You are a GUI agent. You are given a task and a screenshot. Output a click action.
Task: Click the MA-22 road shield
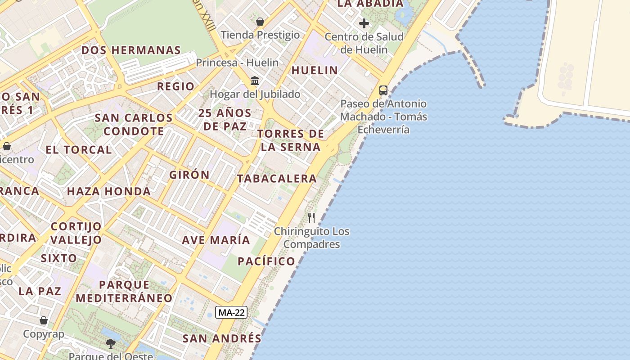pyautogui.click(x=231, y=312)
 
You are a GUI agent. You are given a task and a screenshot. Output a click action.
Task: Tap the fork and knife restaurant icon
pyautogui.click(x=311, y=218)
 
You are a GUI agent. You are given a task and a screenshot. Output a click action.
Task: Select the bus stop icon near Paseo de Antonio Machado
pyautogui.click(x=383, y=90)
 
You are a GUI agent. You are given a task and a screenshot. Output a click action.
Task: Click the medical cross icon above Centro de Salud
pyautogui.click(x=364, y=23)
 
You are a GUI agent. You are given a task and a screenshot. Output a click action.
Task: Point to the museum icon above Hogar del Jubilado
pyautogui.click(x=255, y=81)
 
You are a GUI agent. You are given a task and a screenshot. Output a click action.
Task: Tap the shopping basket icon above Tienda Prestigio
pyautogui.click(x=260, y=21)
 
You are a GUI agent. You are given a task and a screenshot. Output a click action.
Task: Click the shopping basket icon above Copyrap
pyautogui.click(x=44, y=320)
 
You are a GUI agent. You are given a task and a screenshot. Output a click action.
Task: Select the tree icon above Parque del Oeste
pyautogui.click(x=110, y=344)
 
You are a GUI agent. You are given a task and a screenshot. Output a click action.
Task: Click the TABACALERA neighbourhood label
pyautogui.click(x=277, y=178)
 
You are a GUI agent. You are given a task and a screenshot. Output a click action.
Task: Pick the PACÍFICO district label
pyautogui.click(x=266, y=261)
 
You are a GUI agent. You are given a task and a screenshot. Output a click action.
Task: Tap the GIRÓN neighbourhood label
pyautogui.click(x=189, y=175)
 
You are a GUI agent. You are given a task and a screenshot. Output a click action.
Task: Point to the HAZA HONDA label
pyautogui.click(x=109, y=191)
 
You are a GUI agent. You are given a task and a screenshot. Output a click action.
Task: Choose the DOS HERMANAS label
pyautogui.click(x=131, y=50)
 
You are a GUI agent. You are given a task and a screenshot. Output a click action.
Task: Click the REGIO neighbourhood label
pyautogui.click(x=176, y=86)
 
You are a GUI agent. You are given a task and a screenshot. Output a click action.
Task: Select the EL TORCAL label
pyautogui.click(x=79, y=150)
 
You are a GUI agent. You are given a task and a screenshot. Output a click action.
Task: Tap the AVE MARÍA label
pyautogui.click(x=216, y=240)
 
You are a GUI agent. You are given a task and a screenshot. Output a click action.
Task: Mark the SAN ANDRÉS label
pyautogui.click(x=222, y=338)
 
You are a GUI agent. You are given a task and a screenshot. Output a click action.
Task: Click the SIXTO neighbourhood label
pyautogui.click(x=59, y=258)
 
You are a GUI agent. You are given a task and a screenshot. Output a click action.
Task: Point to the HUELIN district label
pyautogui.click(x=315, y=70)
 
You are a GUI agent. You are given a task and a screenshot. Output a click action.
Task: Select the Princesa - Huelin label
pyautogui.click(x=237, y=63)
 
